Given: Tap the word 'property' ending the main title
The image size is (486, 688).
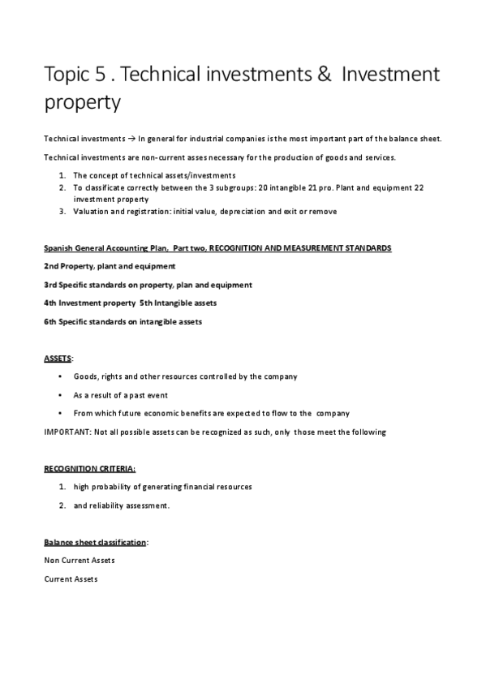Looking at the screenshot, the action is [x=82, y=104].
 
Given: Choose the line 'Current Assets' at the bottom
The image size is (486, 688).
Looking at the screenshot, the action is [x=71, y=578].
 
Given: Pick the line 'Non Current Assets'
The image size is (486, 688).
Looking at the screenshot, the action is [x=79, y=560].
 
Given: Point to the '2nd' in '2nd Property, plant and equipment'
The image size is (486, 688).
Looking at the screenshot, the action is [x=51, y=266].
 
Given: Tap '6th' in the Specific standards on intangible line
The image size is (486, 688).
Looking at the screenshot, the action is [x=51, y=321].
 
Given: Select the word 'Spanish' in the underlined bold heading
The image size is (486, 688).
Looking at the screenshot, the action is [x=58, y=247].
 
